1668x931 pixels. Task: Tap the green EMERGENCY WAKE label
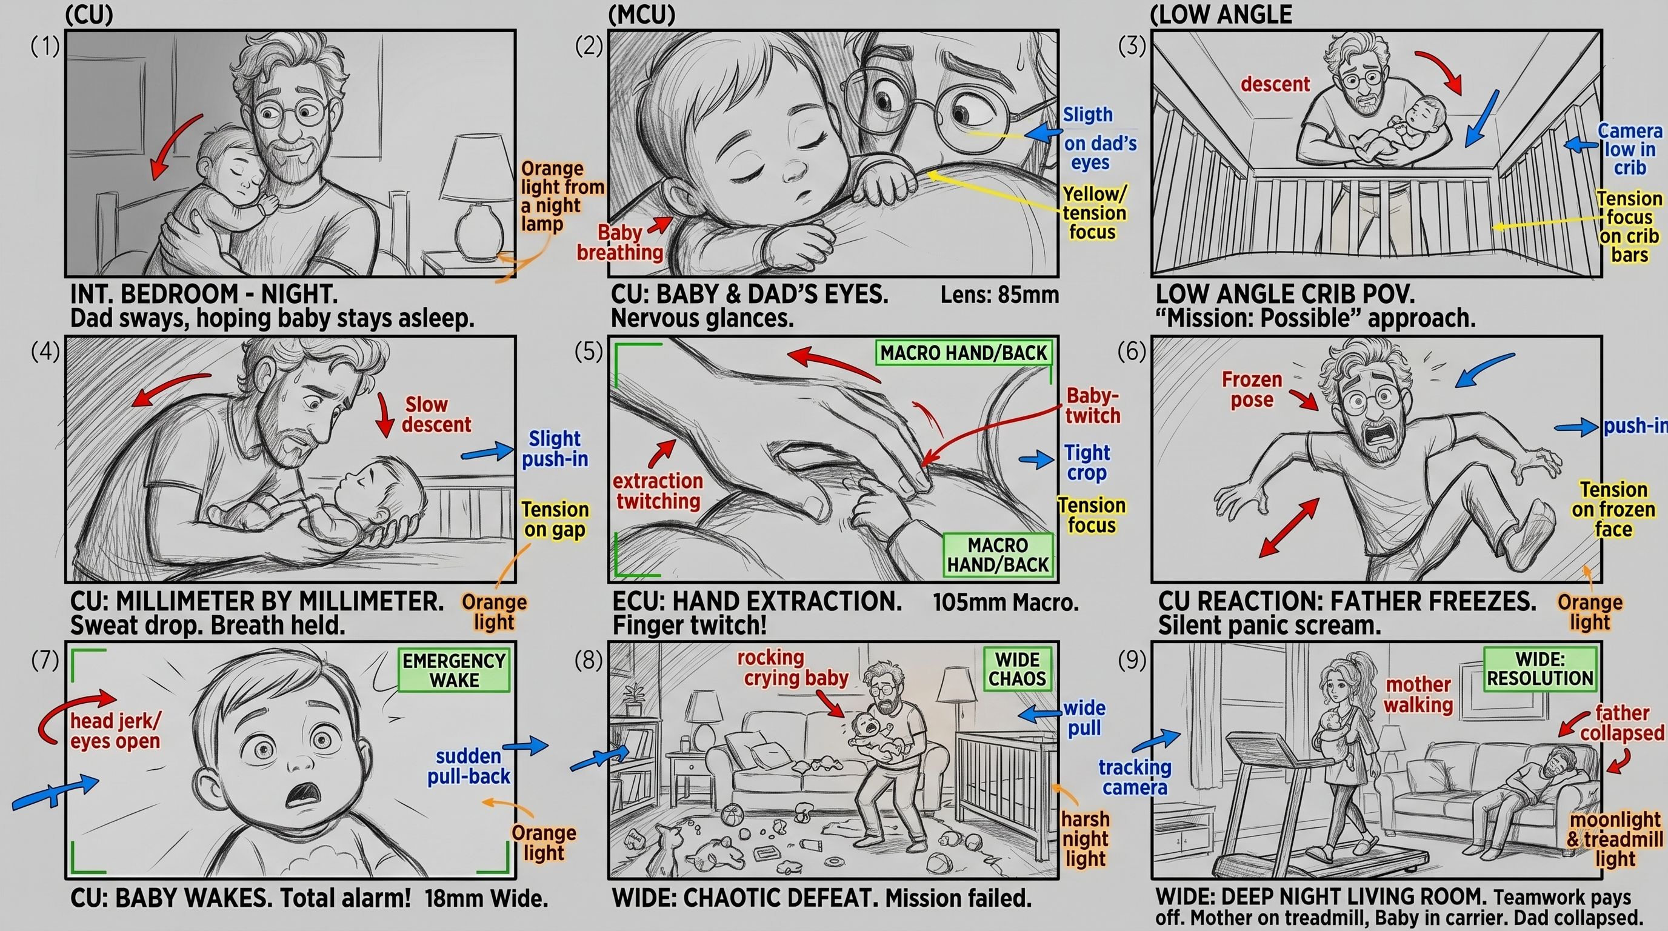point(454,671)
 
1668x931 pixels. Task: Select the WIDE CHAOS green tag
point(1016,669)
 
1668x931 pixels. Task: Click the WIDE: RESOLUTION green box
point(1540,669)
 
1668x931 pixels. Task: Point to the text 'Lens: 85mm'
point(999,295)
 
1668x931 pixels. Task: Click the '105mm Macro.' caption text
point(1006,602)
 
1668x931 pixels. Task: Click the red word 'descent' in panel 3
point(1275,84)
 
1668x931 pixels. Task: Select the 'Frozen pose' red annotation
point(1252,390)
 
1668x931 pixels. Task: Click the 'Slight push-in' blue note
point(555,449)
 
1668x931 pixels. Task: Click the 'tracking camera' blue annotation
point(1135,778)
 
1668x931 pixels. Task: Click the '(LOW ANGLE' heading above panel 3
point(1221,14)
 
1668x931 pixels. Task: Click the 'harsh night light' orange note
point(1086,839)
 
